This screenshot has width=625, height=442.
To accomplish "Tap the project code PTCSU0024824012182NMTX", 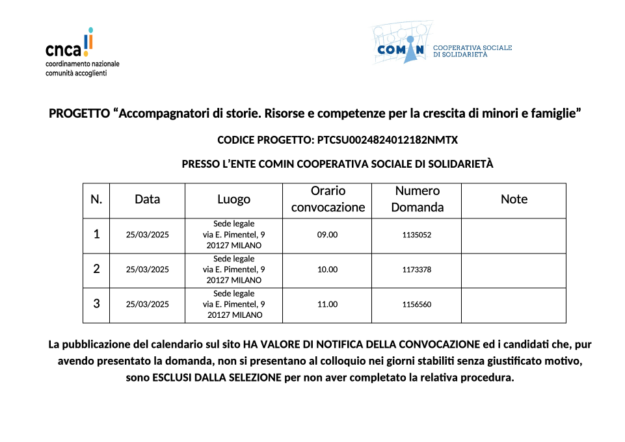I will point(388,140).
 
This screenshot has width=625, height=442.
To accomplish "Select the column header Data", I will point(147,200).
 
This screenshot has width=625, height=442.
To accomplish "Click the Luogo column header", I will point(233,200).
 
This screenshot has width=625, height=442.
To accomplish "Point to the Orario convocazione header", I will point(328,200).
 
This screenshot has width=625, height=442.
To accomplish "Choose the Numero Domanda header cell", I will point(417,200).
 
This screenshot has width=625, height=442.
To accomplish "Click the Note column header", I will point(514,200).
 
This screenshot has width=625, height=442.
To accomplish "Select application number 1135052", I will point(417,235).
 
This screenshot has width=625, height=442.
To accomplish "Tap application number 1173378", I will point(417,270).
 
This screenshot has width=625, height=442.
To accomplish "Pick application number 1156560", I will point(417,304).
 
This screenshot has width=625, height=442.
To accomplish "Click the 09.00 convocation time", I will point(327,235).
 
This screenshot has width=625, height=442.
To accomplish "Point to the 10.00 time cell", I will point(327,270).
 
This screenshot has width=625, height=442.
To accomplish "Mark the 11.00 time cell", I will point(327,304).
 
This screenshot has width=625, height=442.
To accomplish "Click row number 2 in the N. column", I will point(96,269).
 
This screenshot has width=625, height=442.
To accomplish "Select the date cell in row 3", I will point(147,304).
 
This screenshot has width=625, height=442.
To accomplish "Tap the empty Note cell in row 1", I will point(514,235).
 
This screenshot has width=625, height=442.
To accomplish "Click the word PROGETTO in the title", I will point(79,114).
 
